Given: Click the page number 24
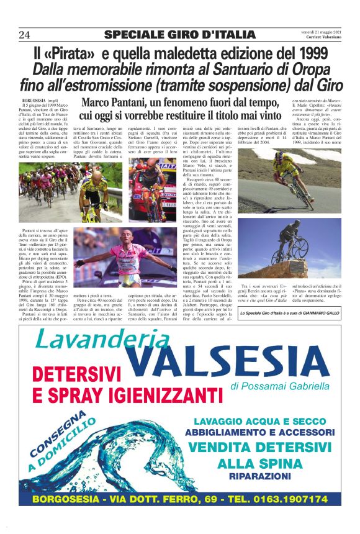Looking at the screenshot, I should pyautogui.click(x=25, y=34).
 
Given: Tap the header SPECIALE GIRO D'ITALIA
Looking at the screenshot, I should pyautogui.click(x=179, y=34).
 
